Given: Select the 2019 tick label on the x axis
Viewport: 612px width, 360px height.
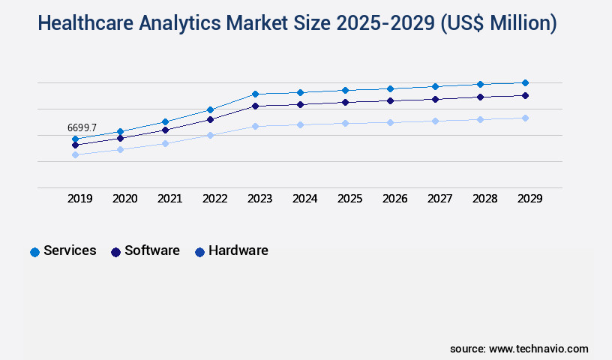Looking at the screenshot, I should (x=80, y=199).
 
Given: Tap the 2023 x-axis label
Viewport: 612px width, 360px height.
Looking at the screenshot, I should (x=260, y=199).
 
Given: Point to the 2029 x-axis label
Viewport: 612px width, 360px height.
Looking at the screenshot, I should (x=530, y=199).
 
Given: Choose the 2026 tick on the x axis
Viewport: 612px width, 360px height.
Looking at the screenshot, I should (x=395, y=199).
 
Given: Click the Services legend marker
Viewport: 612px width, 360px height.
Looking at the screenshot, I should (x=34, y=252).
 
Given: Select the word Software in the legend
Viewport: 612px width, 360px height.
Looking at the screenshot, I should (x=152, y=250).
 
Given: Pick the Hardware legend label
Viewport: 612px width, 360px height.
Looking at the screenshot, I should (x=238, y=250).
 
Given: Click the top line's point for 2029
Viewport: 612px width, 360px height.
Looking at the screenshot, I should (x=525, y=82).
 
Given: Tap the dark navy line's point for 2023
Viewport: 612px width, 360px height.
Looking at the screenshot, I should (x=255, y=106).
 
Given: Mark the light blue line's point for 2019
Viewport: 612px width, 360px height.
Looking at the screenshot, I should (x=75, y=154).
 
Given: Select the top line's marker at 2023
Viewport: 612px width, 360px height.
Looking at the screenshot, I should (x=255, y=94).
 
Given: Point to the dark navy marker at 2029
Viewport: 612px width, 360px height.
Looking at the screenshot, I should (x=525, y=95).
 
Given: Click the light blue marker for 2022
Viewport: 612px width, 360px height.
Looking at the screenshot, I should (x=210, y=135).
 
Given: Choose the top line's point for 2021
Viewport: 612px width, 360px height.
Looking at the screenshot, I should (x=165, y=121).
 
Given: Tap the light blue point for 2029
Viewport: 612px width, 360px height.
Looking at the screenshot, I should (x=525, y=118).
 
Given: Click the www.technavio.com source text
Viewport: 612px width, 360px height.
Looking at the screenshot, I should (x=538, y=349).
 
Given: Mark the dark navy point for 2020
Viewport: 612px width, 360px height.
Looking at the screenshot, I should (x=120, y=138).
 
